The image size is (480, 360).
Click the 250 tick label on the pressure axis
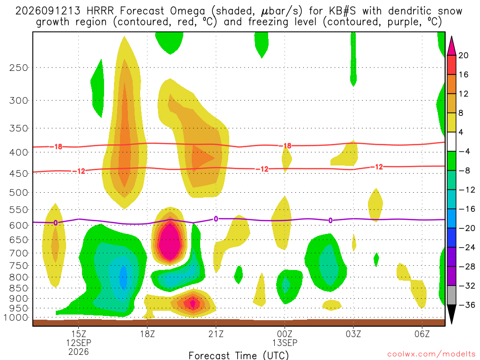19,67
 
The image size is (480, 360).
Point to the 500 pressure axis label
19,193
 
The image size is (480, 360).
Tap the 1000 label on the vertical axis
16,318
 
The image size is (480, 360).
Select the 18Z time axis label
147,334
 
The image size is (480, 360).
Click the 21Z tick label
216,334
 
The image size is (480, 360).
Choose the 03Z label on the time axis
353,334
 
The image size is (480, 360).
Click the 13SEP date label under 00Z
285,343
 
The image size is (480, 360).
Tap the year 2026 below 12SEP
79,352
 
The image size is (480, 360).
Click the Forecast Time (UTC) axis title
239,355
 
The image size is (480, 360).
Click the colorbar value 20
464,55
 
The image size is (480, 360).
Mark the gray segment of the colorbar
451,295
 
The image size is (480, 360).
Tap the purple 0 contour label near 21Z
216,219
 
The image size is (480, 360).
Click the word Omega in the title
187,11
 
